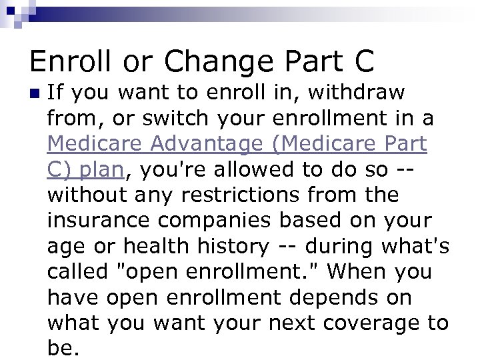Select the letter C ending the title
[360, 61]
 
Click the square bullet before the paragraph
[34, 93]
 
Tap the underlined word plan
[101, 169]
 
